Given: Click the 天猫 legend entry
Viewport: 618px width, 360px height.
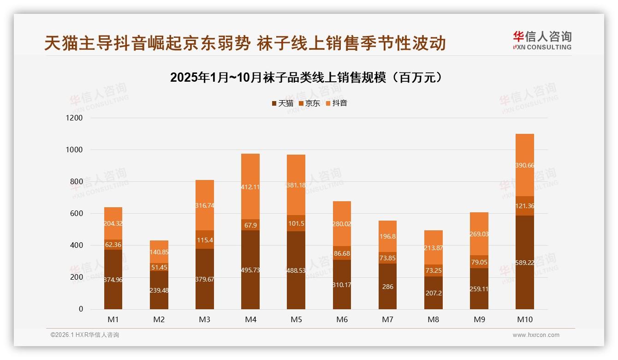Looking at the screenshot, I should click(x=282, y=103).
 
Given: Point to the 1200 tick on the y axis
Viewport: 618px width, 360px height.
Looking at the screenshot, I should click(x=74, y=118).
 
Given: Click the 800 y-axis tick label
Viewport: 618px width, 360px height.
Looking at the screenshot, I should click(x=76, y=182).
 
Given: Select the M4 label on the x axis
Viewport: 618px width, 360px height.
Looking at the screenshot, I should click(x=250, y=319).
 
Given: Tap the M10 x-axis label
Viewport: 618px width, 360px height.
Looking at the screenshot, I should click(x=524, y=319).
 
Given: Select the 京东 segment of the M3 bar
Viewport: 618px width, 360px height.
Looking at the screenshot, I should click(x=205, y=240).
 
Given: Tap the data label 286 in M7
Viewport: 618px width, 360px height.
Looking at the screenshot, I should click(x=387, y=287).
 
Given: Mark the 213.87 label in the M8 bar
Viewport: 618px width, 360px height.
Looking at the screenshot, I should click(x=434, y=248).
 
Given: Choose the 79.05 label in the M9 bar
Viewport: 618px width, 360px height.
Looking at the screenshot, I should click(x=479, y=262).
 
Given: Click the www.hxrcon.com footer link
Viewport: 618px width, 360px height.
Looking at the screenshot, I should click(x=535, y=335).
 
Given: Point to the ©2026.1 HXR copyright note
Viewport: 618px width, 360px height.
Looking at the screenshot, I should click(x=85, y=335).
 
